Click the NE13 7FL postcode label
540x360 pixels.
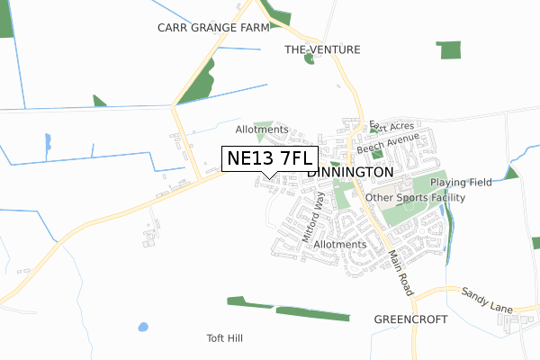click(266, 158)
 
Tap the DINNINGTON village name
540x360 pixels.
click(350, 172)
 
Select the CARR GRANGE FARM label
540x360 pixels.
click(214, 28)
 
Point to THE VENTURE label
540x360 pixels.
click(322, 49)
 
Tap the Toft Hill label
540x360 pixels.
click(225, 338)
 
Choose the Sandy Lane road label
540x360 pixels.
click(487, 301)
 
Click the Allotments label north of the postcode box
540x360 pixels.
click(262, 130)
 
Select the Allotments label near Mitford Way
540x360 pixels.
click(340, 244)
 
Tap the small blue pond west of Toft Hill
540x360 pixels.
click(142, 327)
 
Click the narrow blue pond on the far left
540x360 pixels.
click(47, 142)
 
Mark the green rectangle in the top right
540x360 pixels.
click(447, 49)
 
